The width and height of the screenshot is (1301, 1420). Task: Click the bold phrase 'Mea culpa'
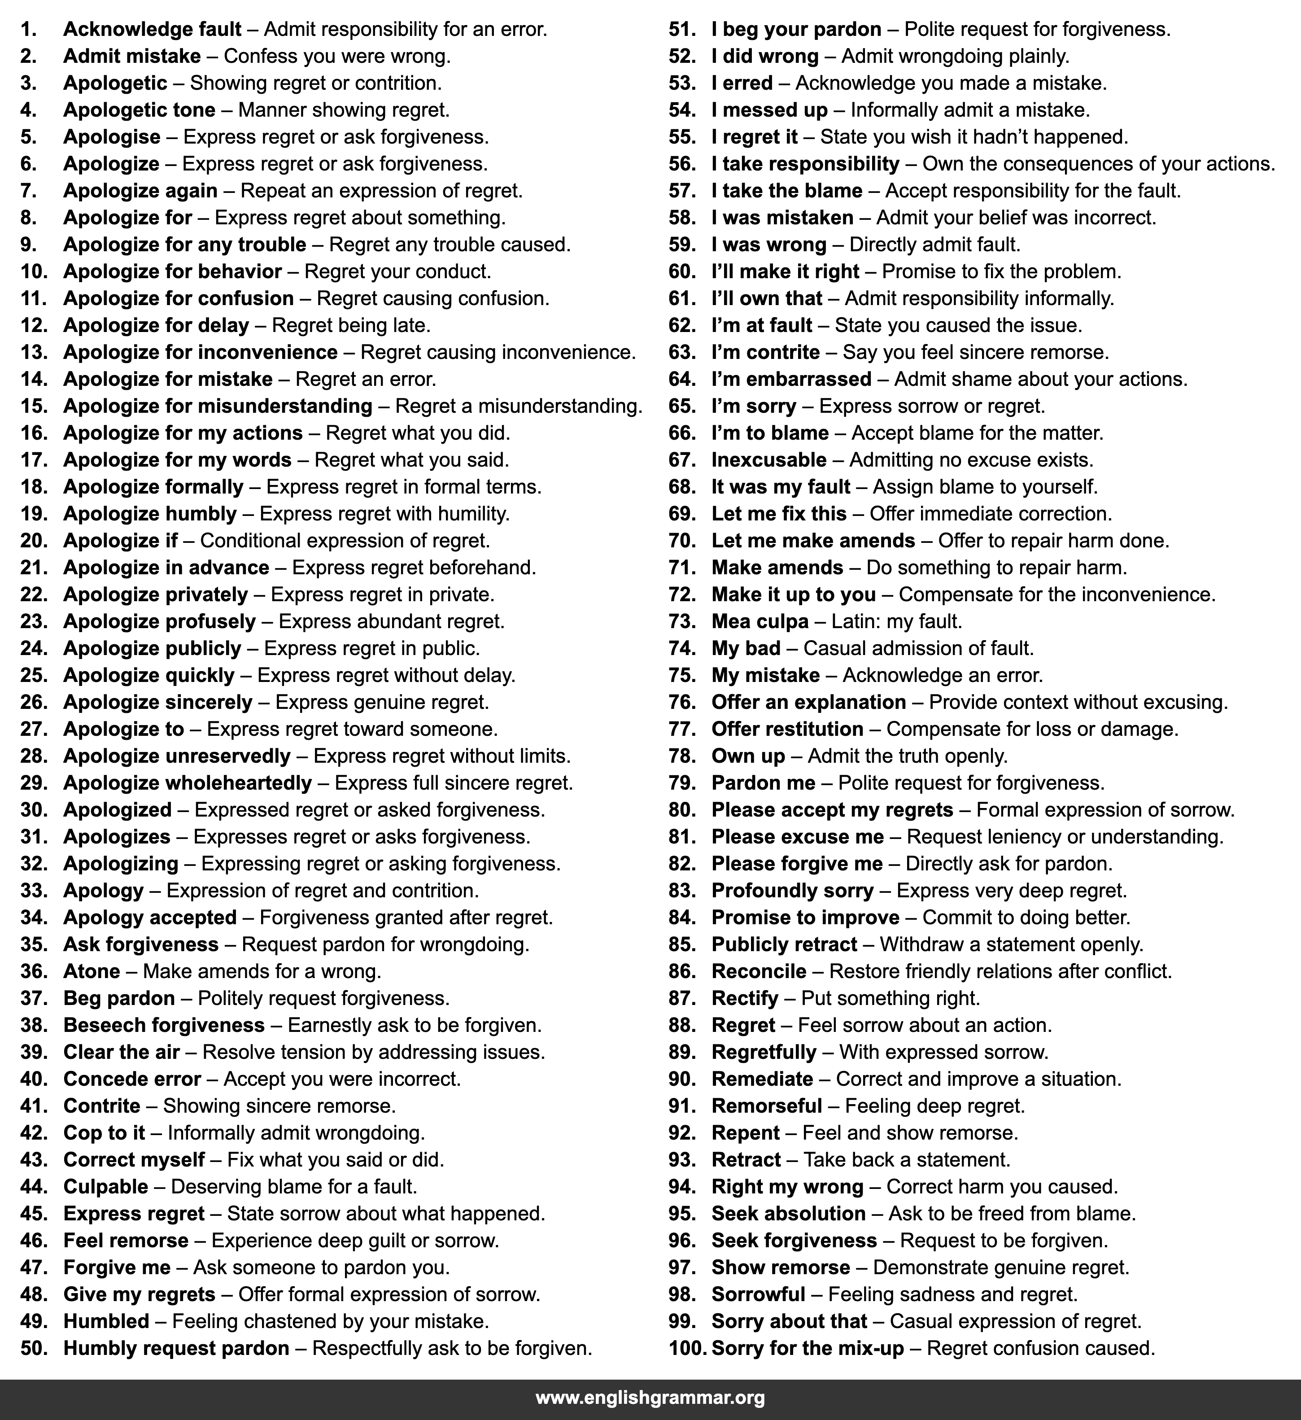pos(760,621)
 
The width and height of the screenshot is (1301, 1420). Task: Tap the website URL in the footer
pos(650,1398)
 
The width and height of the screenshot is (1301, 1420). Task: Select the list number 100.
pos(687,1348)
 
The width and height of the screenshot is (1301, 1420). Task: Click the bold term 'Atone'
pos(92,971)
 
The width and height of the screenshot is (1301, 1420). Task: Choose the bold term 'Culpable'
pos(106,1187)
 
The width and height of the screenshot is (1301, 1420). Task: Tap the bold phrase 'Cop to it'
pos(104,1132)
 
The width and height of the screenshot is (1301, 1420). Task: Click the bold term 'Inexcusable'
pos(768,460)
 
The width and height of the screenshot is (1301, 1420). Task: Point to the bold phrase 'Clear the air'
pos(121,1052)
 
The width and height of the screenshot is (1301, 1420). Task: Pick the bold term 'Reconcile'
pos(759,971)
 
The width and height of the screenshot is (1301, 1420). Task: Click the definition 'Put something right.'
pos(891,998)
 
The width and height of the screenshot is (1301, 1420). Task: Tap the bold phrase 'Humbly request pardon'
pos(176,1348)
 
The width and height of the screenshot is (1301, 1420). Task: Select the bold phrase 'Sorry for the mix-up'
pos(807,1348)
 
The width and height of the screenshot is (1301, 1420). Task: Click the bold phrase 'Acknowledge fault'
pos(152,30)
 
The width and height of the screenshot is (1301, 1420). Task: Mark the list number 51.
pos(682,30)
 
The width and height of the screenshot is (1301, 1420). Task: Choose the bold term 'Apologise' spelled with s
pos(111,137)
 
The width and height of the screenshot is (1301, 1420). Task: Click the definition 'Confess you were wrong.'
pos(337,57)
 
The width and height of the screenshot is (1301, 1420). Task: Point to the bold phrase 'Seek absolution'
pos(788,1214)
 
